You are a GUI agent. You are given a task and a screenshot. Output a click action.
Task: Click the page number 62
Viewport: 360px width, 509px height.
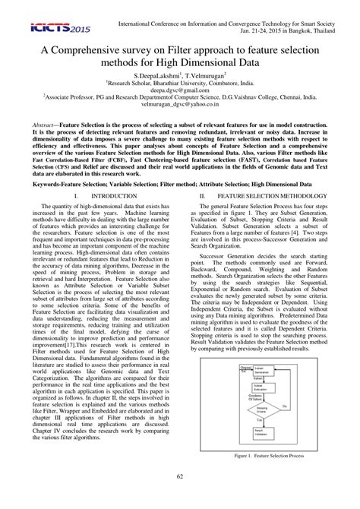click(x=180, y=497)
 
